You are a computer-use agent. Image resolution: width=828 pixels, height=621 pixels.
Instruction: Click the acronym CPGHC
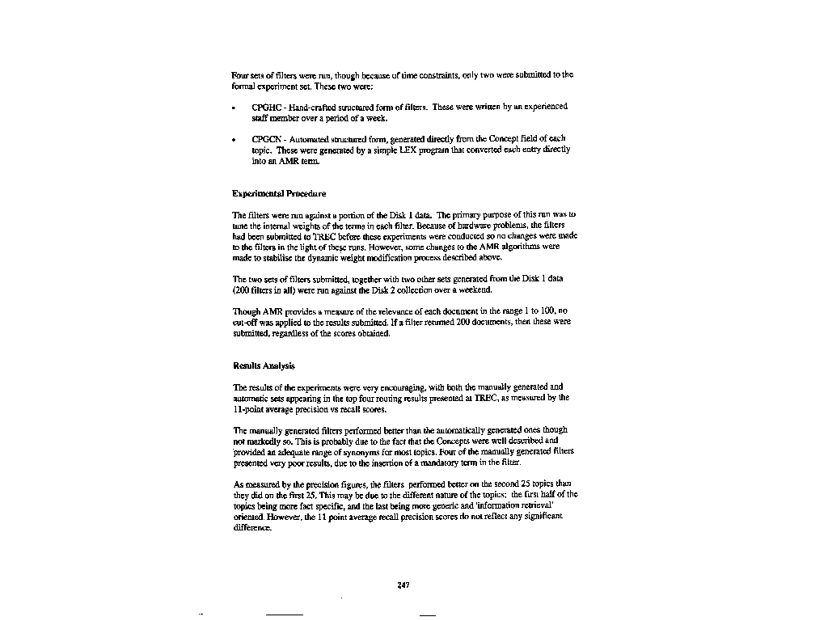(x=265, y=107)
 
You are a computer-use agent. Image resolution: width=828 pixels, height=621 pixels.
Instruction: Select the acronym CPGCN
(x=265, y=139)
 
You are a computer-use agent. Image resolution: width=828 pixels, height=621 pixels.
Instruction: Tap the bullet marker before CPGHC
(x=234, y=108)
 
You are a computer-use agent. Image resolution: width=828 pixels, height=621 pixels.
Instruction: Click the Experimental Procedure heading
(x=279, y=194)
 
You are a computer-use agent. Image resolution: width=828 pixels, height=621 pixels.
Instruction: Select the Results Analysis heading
(x=264, y=365)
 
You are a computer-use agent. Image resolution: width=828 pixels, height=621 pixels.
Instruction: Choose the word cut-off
(x=246, y=322)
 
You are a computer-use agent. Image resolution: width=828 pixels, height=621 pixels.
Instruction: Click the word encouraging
(x=383, y=387)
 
